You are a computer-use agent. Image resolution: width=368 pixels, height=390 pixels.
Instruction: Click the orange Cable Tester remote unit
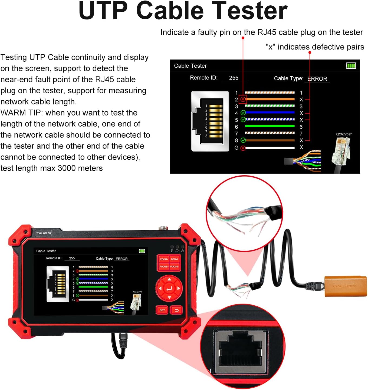pyautogui.click(x=346, y=286)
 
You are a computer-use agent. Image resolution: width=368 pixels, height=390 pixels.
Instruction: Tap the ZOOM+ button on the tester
pyautogui.click(x=164, y=259)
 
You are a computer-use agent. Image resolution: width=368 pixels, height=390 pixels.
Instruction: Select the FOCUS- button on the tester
pyautogui.click(x=175, y=266)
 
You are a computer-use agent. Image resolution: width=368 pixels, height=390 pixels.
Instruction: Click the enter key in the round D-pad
pyautogui.click(x=169, y=288)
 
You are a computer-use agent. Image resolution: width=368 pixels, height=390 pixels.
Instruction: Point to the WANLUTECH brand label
pyautogui.click(x=44, y=233)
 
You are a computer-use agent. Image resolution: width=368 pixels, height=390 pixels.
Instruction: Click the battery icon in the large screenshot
pyautogui.click(x=351, y=66)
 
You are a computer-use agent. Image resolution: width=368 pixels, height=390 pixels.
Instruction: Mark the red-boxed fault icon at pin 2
pyautogui.click(x=243, y=100)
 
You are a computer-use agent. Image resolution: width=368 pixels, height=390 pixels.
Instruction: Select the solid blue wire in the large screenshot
pyautogui.click(x=270, y=113)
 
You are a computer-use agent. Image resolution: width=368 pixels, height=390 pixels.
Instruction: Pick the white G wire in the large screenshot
pyautogui.click(x=270, y=148)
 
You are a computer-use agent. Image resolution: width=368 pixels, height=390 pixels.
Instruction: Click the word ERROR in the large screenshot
pyautogui.click(x=317, y=79)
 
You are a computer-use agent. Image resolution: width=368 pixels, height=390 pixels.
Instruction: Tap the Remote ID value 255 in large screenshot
pyautogui.click(x=234, y=78)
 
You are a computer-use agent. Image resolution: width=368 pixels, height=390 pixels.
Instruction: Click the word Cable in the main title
pyautogui.click(x=170, y=11)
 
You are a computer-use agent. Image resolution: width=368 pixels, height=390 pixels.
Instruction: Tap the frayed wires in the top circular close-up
pyautogui.click(x=238, y=219)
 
